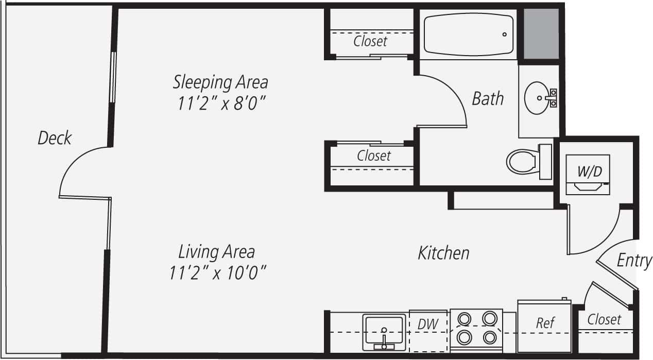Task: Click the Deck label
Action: click(55, 138)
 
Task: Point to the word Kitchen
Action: click(443, 253)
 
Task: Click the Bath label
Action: click(488, 98)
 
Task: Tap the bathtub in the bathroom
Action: click(469, 35)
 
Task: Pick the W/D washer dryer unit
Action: click(588, 174)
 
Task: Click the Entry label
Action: click(634, 261)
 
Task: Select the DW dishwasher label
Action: click(427, 324)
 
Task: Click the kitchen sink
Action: click(384, 331)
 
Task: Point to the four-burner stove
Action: click(476, 329)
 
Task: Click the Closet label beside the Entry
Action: click(604, 319)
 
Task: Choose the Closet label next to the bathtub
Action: click(370, 41)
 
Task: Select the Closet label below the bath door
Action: click(374, 155)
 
